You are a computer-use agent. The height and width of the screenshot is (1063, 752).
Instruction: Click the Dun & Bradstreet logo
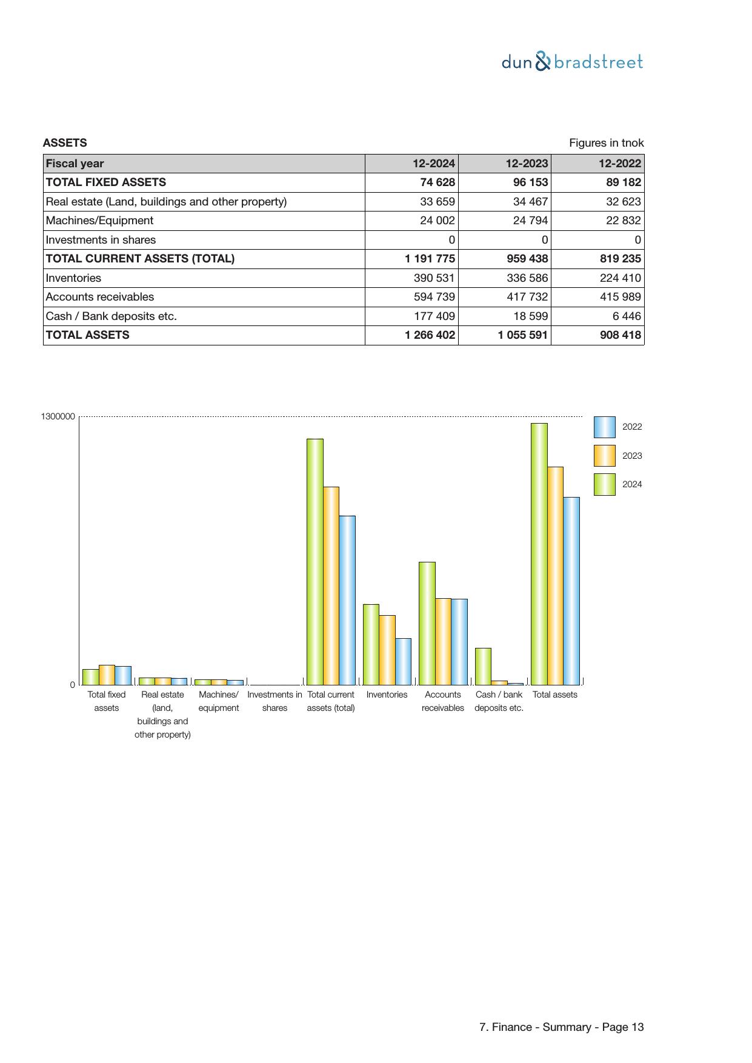click(x=572, y=62)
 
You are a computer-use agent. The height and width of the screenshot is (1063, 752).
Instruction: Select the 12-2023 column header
click(x=527, y=164)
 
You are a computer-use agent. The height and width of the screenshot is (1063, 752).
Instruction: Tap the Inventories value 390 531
click(x=438, y=278)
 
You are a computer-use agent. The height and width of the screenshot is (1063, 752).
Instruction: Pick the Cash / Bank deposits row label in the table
click(x=111, y=316)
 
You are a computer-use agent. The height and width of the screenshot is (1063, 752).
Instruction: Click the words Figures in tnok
click(x=606, y=143)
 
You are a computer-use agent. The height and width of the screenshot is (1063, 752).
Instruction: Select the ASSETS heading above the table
click(x=65, y=143)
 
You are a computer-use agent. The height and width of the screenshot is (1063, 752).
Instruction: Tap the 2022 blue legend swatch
click(x=604, y=427)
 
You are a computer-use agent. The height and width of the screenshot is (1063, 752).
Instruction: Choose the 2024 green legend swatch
click(x=604, y=484)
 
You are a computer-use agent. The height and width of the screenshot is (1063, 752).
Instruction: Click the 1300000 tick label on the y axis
click(x=58, y=416)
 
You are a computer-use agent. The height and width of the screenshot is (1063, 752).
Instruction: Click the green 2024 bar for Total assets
click(x=539, y=554)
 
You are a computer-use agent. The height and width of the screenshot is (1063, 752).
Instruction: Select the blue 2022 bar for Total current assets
click(x=347, y=600)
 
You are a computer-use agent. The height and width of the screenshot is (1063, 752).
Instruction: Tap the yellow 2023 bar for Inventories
click(x=387, y=650)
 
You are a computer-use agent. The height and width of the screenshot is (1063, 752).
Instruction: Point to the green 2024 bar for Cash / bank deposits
click(x=483, y=666)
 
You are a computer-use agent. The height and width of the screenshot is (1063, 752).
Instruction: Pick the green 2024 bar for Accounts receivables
click(x=427, y=623)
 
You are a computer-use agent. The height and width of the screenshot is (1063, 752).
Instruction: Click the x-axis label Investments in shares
click(x=275, y=701)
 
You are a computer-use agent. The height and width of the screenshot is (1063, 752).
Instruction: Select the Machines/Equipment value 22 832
click(x=623, y=221)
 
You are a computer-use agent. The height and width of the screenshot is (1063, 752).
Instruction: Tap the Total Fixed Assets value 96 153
click(x=530, y=182)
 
